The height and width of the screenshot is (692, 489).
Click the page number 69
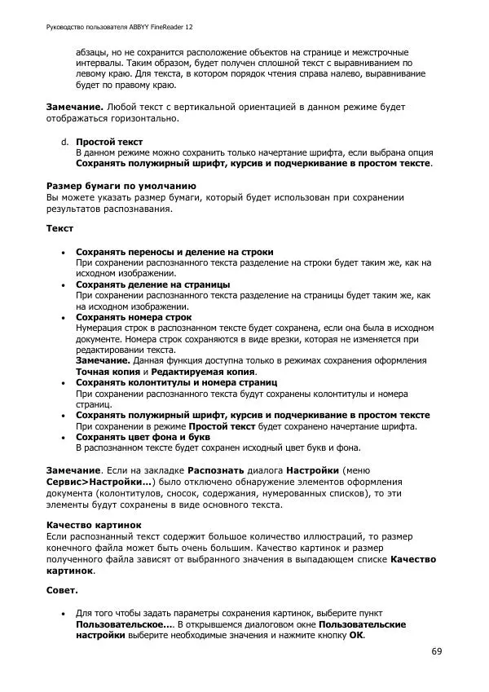pyautogui.click(x=437, y=652)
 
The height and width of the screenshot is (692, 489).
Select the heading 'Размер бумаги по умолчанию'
pyautogui.click(x=120, y=186)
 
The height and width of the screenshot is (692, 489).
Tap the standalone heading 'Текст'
pyautogui.click(x=60, y=229)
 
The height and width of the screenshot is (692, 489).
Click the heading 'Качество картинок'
pyautogui.click(x=94, y=526)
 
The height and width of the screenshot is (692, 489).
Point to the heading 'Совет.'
pyautogui.click(x=62, y=589)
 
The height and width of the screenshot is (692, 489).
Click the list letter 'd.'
pyautogui.click(x=64, y=142)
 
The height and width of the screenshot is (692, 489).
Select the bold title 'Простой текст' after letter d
pyautogui.click(x=109, y=142)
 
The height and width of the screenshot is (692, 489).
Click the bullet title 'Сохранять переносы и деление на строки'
pyautogui.click(x=174, y=252)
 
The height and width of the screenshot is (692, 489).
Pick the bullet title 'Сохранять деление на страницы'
pyautogui.click(x=152, y=284)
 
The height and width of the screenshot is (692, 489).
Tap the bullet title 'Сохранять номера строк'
pyautogui.click(x=134, y=317)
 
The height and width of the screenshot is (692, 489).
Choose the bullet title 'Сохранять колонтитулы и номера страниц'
pyautogui.click(x=177, y=381)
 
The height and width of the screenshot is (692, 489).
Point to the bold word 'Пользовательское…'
pyautogui.click(x=125, y=624)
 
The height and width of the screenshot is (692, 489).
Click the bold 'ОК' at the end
pyautogui.click(x=357, y=635)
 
